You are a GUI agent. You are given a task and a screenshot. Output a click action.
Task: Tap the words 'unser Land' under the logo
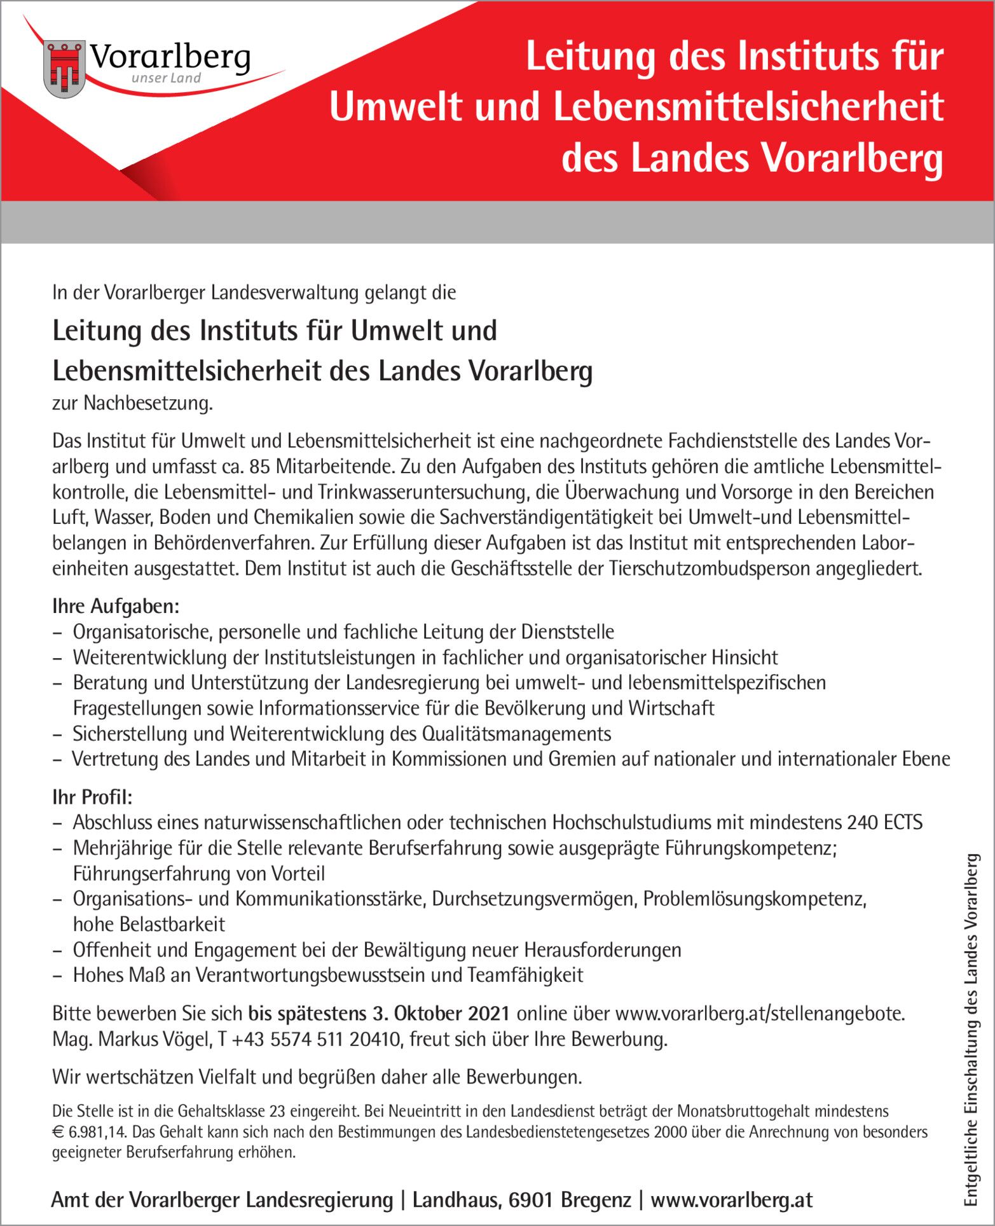click(166, 78)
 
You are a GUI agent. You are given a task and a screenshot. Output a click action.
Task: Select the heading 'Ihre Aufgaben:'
click(116, 606)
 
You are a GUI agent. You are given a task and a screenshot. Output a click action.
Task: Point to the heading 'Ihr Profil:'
click(92, 797)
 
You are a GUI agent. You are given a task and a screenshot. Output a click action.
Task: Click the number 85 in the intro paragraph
click(261, 467)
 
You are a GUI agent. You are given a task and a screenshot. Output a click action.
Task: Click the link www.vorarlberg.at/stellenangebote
click(759, 1013)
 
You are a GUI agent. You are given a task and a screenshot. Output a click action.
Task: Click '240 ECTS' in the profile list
click(884, 822)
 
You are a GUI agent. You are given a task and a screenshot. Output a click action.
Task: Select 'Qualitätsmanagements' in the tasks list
click(516, 733)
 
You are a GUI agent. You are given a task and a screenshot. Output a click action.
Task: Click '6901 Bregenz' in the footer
click(570, 1200)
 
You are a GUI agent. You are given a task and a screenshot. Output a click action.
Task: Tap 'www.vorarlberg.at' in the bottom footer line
click(732, 1200)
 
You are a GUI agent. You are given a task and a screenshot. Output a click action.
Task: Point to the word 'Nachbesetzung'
click(148, 403)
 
